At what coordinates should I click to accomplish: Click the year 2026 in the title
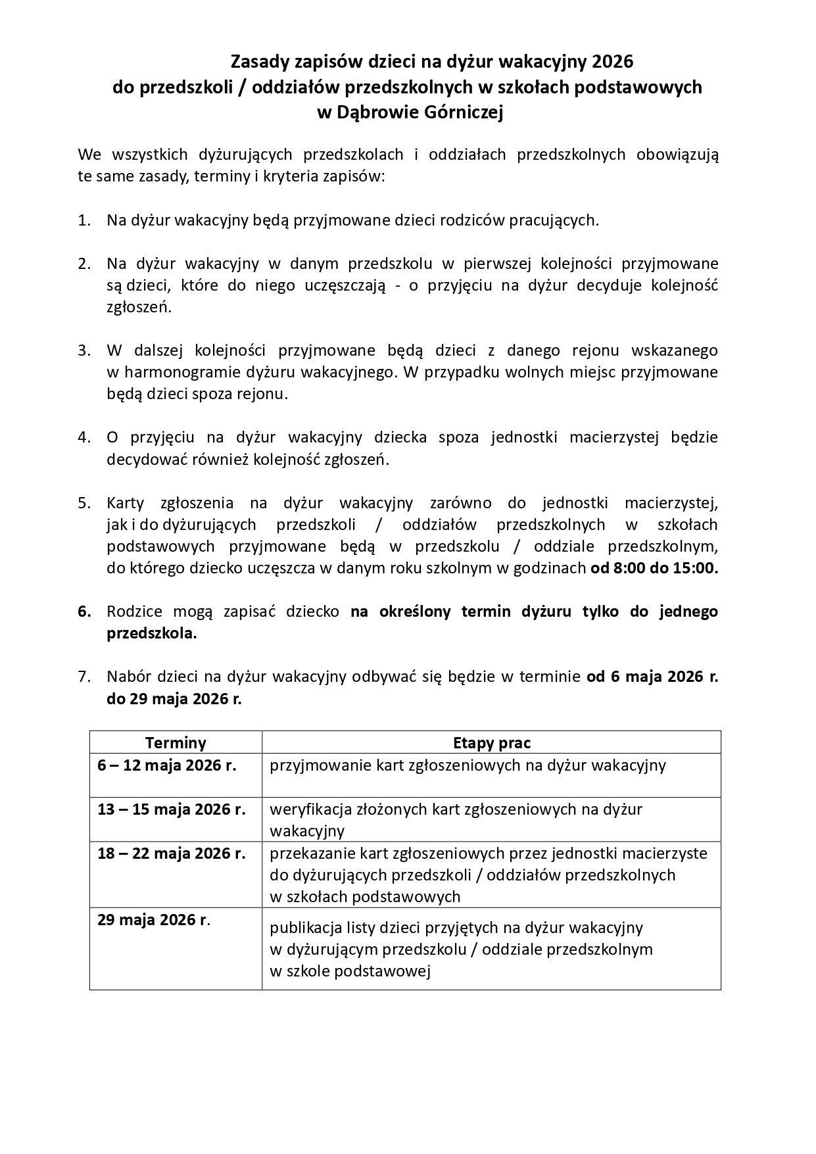coord(612,62)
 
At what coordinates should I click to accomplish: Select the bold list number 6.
coord(84,612)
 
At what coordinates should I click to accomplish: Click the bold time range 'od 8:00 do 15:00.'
coord(654,568)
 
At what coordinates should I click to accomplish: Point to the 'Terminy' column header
coord(176,742)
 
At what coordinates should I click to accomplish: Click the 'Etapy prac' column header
coord(491,742)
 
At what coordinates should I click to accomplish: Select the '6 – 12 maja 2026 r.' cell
coord(166,765)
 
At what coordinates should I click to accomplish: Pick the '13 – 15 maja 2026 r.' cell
coord(171,809)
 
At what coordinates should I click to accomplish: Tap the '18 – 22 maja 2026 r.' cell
coord(171,853)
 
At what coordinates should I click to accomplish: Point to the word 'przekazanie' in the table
coord(310,853)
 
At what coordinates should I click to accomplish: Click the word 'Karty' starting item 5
coord(124,503)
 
